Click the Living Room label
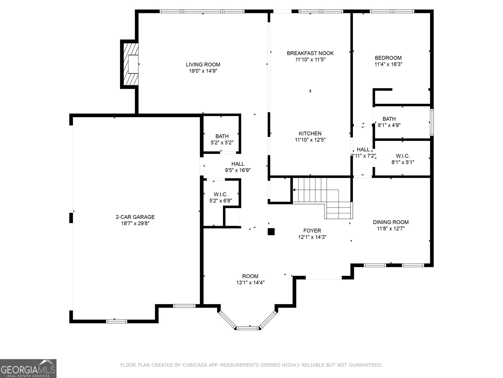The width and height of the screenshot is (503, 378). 203,65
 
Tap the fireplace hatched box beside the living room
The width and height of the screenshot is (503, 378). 130,64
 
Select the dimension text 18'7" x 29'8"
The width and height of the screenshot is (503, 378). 135,223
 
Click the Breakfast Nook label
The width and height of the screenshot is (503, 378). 310,53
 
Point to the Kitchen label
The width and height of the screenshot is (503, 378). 310,134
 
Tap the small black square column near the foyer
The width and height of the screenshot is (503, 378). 271,232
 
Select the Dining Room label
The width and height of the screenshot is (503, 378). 391,222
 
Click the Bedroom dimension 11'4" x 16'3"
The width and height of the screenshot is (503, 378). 388,64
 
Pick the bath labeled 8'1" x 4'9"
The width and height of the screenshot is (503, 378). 389,122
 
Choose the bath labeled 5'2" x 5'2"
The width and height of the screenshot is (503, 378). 222,139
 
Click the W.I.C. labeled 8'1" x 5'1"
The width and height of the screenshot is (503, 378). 403,159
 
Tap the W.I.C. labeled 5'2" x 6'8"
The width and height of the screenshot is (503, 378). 221,197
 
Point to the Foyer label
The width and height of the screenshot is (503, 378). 312,231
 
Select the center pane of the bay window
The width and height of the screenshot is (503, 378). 248,328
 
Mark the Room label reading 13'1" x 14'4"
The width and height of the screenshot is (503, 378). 250,279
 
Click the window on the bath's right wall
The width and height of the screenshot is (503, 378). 432,122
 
